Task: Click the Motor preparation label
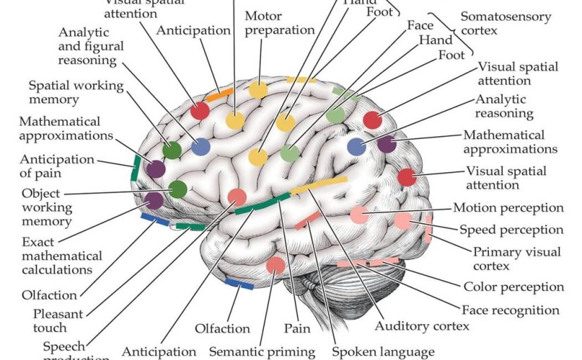[279, 23]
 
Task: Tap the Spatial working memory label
[75, 92]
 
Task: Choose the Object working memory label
[47, 207]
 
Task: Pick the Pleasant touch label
[58, 320]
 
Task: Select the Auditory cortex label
[422, 326]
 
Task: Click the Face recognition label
[510, 310]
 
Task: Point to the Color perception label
[514, 287]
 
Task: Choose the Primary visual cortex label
[517, 258]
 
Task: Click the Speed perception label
[511, 229]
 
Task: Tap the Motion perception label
[508, 208]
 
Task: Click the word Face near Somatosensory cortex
[420, 25]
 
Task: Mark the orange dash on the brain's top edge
[219, 92]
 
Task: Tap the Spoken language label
[382, 351]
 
